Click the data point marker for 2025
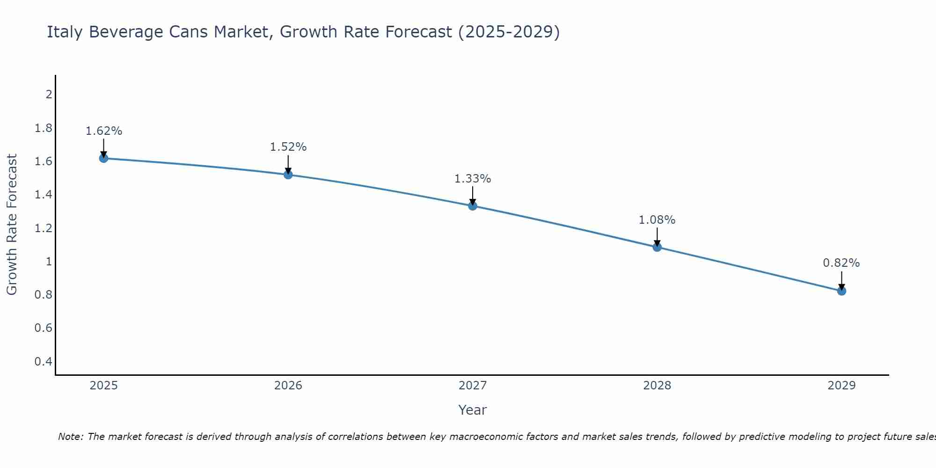pyautogui.click(x=103, y=158)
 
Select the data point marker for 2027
pyautogui.click(x=473, y=206)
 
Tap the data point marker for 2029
pyautogui.click(x=841, y=291)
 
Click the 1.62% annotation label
pyautogui.click(x=103, y=131)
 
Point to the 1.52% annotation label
pyautogui.click(x=288, y=147)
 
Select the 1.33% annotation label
pyautogui.click(x=473, y=179)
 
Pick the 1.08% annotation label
pyautogui.click(x=657, y=220)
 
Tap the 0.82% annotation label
pyautogui.click(x=841, y=263)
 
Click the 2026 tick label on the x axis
pyautogui.click(x=288, y=386)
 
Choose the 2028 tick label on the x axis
pyautogui.click(x=657, y=386)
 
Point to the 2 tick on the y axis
pyautogui.click(x=49, y=95)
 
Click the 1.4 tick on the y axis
pyautogui.click(x=44, y=195)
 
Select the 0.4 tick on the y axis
pyautogui.click(x=44, y=361)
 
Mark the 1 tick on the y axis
pyautogui.click(x=49, y=262)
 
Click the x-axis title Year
pyautogui.click(x=473, y=410)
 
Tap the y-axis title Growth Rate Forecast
pyautogui.click(x=12, y=225)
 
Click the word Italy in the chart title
pyautogui.click(x=65, y=32)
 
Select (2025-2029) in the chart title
pyautogui.click(x=509, y=32)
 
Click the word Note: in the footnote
pyautogui.click(x=71, y=437)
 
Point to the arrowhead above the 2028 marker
pyautogui.click(x=657, y=243)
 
